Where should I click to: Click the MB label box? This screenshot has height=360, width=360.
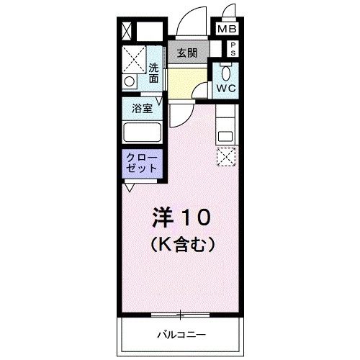(228, 31)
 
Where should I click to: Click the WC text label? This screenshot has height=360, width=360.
(226, 88)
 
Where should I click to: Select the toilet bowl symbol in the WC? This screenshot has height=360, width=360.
(226, 72)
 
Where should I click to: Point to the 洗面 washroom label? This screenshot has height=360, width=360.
(154, 73)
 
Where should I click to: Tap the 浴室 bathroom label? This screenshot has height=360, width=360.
(141, 109)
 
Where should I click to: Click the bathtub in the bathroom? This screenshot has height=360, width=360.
(142, 132)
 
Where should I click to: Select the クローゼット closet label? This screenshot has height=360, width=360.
(142, 162)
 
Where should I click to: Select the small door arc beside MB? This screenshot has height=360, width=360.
(228, 12)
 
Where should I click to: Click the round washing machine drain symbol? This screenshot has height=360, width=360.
(129, 81)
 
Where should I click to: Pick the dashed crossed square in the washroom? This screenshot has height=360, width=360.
(134, 60)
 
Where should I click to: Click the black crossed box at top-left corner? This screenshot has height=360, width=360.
(127, 32)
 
